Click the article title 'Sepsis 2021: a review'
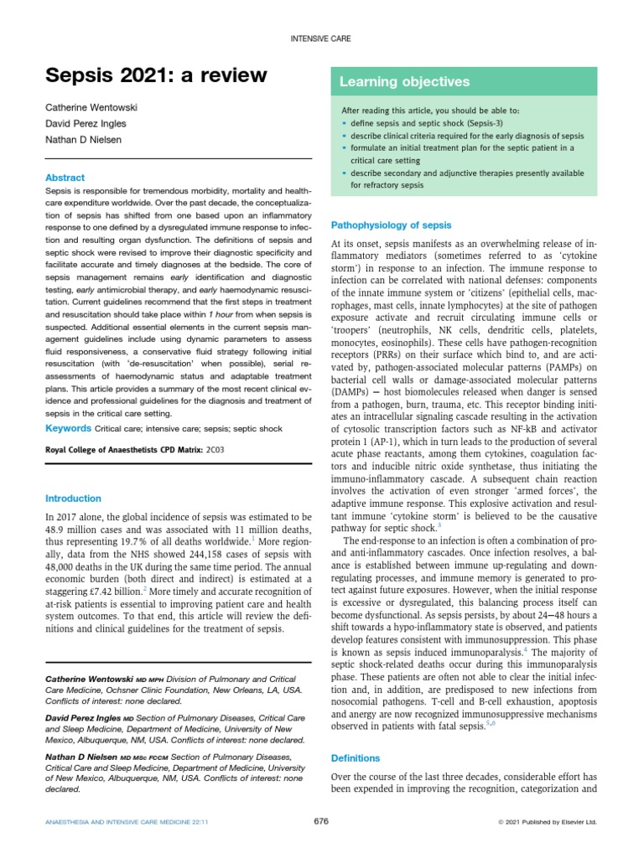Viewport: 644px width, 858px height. point(156,75)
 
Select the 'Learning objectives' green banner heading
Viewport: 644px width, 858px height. point(404,82)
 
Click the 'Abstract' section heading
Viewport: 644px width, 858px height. point(65,178)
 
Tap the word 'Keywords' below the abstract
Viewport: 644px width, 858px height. point(68,429)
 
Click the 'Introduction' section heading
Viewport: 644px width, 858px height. point(73,499)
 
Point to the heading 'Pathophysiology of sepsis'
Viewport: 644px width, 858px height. point(392,225)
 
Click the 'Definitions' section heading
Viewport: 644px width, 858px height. point(356,758)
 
